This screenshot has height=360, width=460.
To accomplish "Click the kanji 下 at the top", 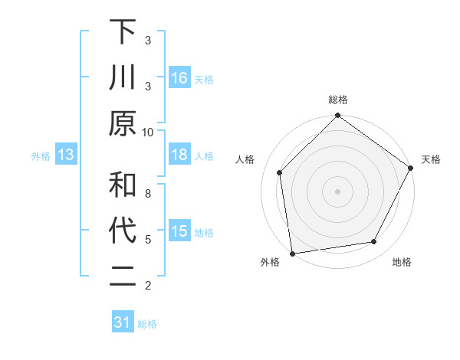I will coord(123,32).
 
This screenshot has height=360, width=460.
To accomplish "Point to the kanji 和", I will coord(123,185).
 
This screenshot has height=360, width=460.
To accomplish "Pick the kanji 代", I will coord(123,231).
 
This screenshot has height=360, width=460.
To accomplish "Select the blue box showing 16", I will coord(179,77).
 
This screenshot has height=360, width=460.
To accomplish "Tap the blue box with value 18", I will coord(179,155).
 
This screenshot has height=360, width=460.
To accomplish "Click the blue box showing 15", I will coord(179,231).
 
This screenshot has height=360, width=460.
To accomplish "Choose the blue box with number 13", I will coord(66,155).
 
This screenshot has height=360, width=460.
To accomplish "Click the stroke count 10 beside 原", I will coord(149,132).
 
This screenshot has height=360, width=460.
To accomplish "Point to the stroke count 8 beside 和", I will coord(148,193).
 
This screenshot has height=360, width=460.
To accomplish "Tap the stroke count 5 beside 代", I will coord(148,239).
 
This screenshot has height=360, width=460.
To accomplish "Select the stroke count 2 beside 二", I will coord(148,286).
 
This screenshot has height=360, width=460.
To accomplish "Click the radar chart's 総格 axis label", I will coord(338,100).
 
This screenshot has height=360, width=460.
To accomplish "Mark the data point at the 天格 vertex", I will coord(411,169).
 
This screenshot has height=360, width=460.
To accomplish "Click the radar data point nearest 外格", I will coord(292,253).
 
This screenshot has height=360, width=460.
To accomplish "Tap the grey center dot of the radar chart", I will coord(337,191).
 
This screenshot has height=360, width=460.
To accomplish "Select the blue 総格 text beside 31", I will coord(147,324).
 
